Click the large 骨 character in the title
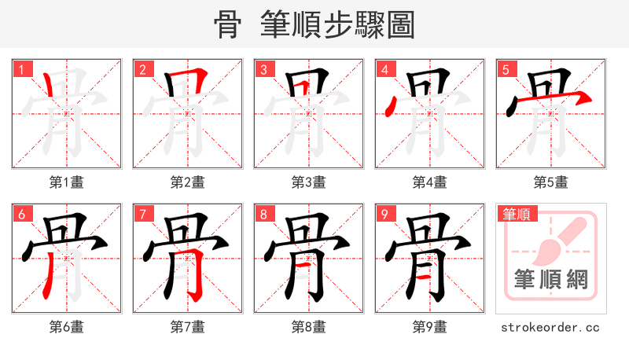(227, 25)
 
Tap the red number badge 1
(21, 69)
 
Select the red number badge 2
(142, 69)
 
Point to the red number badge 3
(263, 69)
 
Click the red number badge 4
(384, 69)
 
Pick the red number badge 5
(506, 69)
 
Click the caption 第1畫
(67, 182)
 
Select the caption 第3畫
(309, 182)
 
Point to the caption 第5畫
(551, 182)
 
